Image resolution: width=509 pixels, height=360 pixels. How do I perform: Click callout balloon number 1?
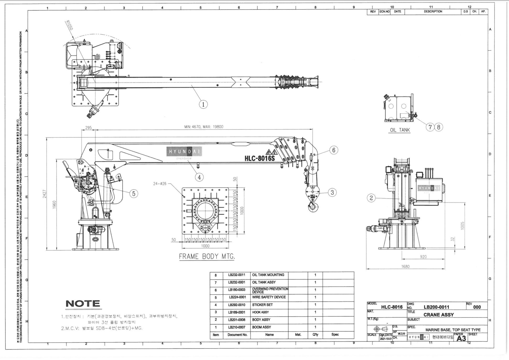(x=203, y=104)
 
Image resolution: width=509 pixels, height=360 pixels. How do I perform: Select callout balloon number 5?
(x=134, y=194)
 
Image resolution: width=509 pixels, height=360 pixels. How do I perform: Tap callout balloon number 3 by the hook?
(x=332, y=192)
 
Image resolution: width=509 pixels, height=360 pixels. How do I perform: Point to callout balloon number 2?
(x=371, y=198)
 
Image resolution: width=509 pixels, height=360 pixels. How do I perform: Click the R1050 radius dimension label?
(x=69, y=25)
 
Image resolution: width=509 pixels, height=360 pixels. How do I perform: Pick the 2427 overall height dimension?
(x=45, y=194)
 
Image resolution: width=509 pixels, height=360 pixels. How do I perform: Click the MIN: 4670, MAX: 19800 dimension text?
(x=204, y=127)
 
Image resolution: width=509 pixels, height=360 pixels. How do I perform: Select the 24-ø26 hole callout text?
(x=160, y=184)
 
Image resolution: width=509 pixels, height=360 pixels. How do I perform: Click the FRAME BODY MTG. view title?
(x=207, y=256)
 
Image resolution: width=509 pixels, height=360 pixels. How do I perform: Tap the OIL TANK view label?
(x=400, y=130)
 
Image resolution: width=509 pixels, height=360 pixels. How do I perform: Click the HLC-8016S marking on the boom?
(x=259, y=158)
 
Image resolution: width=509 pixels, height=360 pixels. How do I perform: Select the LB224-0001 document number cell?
(x=237, y=297)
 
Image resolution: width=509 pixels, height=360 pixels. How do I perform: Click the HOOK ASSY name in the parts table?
(x=260, y=312)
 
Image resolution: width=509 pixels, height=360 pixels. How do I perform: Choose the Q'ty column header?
(x=315, y=335)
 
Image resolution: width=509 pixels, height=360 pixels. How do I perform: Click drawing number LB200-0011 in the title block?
(x=436, y=307)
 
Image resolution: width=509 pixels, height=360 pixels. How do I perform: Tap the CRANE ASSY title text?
(x=438, y=315)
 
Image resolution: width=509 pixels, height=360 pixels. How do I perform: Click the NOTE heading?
(x=83, y=304)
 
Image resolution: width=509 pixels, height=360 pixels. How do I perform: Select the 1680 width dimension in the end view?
(x=405, y=266)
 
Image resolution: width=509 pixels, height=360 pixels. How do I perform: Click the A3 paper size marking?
(x=461, y=338)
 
